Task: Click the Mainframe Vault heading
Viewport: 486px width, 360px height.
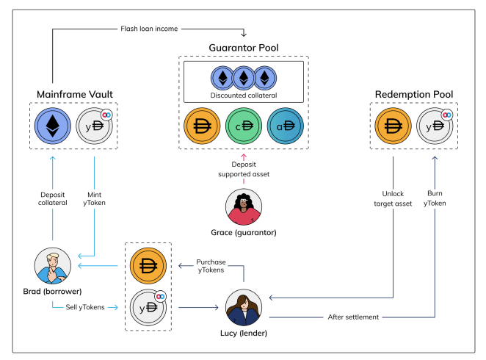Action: (x=75, y=94)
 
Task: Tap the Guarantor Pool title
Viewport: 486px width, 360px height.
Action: (x=244, y=48)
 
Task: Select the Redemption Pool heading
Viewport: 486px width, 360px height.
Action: (x=414, y=94)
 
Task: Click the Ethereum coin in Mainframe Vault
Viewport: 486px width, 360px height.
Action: (x=52, y=126)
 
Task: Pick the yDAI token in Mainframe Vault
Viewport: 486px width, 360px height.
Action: (x=94, y=126)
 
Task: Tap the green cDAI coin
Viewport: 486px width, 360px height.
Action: (x=244, y=126)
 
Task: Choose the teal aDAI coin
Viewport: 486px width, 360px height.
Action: (x=285, y=126)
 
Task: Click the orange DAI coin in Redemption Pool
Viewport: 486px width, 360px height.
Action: (x=393, y=126)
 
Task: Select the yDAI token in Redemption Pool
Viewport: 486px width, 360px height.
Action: (x=435, y=126)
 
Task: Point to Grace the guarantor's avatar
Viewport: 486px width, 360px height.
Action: (x=244, y=207)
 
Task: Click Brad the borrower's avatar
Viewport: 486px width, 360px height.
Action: (x=52, y=266)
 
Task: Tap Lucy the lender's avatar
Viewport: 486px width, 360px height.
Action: (x=244, y=307)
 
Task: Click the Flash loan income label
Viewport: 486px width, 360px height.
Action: (x=149, y=29)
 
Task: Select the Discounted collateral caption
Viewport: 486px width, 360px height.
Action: (x=244, y=96)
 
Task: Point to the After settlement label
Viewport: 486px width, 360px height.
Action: (x=353, y=317)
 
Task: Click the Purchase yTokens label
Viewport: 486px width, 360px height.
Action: (x=211, y=266)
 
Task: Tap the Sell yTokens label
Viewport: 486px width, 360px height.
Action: (x=85, y=307)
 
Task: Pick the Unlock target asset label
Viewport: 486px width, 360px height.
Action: (x=393, y=199)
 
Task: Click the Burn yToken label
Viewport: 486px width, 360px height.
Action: (x=435, y=198)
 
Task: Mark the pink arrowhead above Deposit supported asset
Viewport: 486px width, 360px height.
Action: (x=244, y=156)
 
